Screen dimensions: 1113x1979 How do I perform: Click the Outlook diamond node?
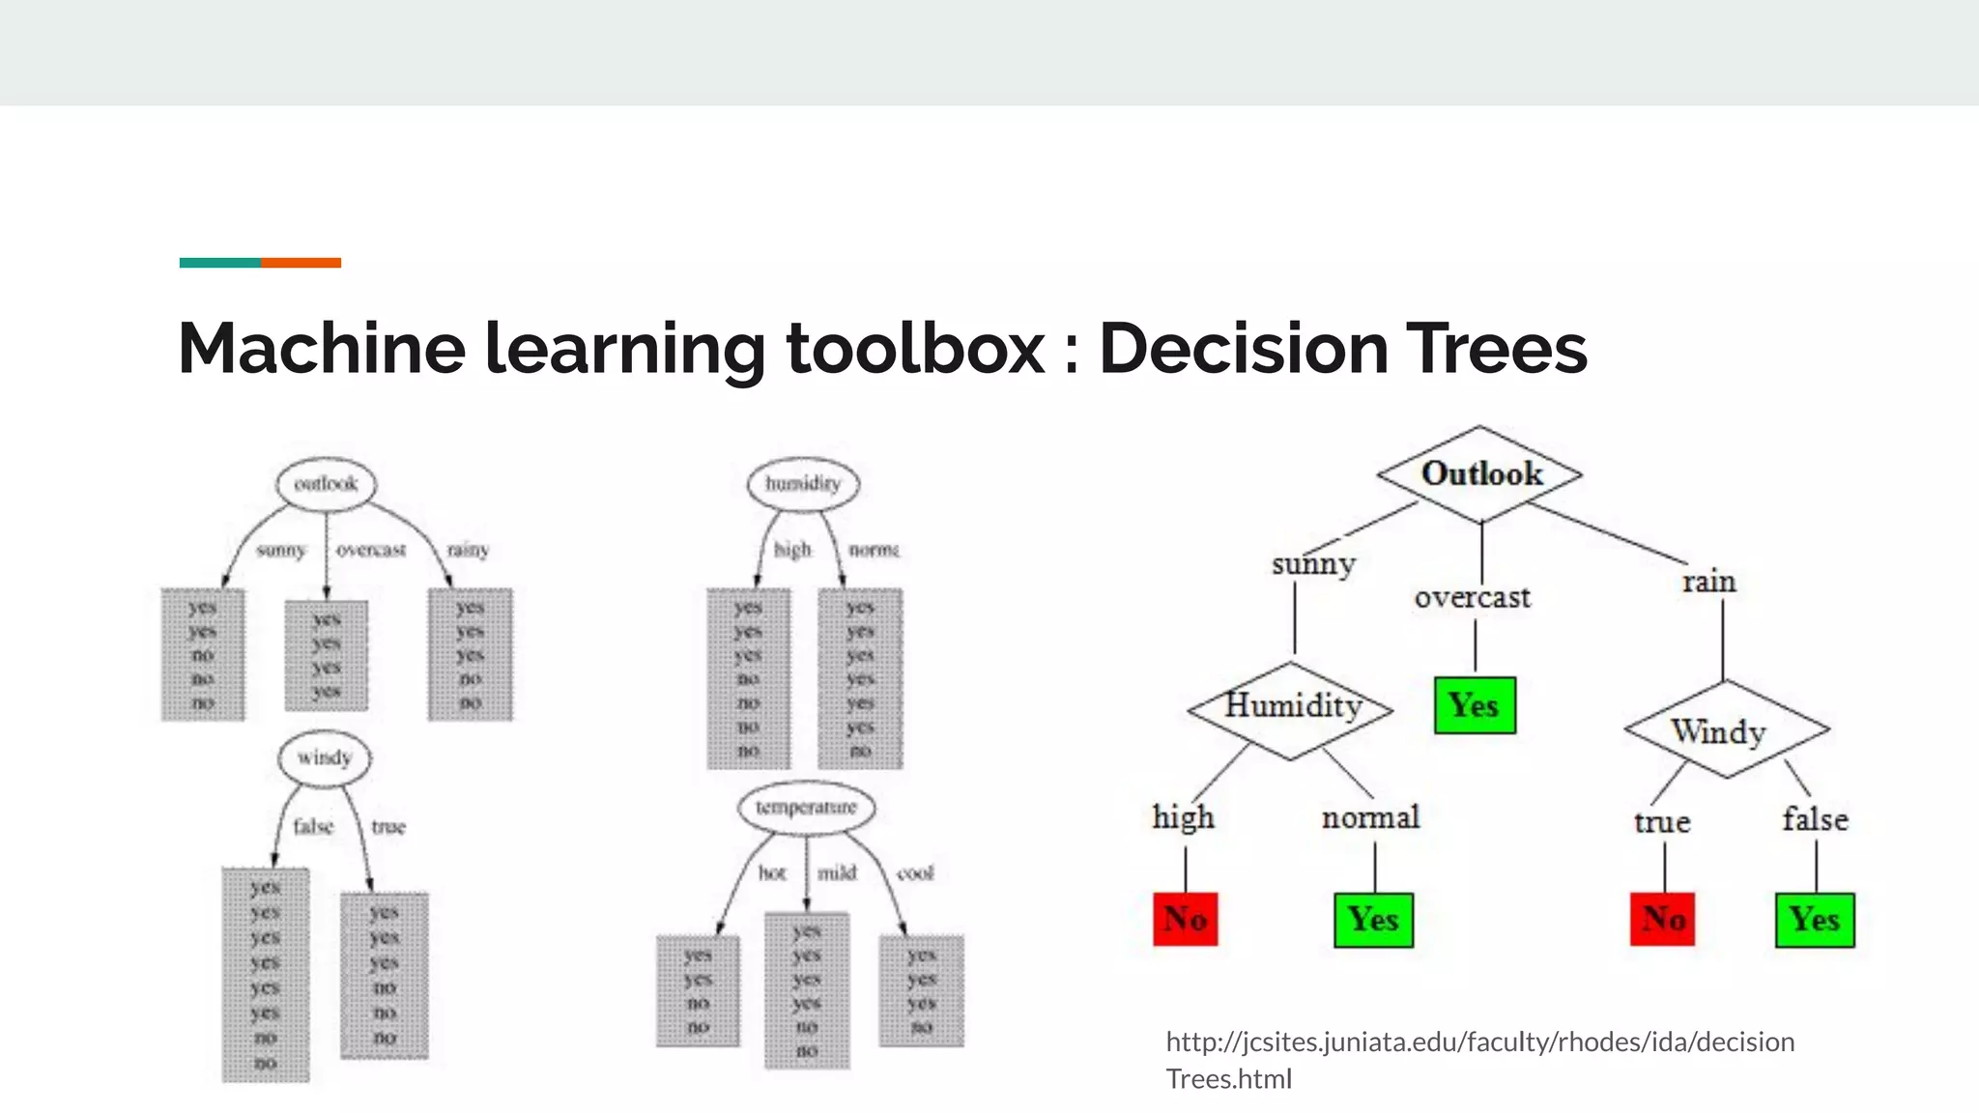pos(1480,474)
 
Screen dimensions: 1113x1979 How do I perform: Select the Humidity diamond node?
pos(1291,708)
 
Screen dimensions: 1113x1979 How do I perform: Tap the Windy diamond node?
pos(1725,730)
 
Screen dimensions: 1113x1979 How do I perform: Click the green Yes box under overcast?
pos(1475,705)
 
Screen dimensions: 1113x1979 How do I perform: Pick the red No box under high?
pos(1186,919)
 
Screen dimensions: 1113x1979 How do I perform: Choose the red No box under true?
pos(1663,919)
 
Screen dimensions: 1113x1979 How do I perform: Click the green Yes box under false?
pos(1815,919)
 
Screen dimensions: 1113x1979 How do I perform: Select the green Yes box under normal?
pos(1373,919)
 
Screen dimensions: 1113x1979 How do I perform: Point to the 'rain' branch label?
pos(1708,582)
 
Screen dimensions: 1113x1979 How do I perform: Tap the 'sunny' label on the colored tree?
pos(1313,563)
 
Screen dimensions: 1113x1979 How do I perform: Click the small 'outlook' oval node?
pos(326,484)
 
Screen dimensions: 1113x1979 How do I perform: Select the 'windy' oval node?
pos(325,757)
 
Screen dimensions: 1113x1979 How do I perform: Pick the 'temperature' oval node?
pos(806,808)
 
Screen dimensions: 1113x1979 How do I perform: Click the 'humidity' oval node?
pos(803,484)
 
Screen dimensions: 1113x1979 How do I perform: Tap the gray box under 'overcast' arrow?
pos(327,655)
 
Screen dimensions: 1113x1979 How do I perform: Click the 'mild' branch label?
pos(837,873)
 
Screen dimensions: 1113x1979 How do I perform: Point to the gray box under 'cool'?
pos(921,990)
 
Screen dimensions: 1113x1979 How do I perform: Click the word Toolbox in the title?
pos(914,348)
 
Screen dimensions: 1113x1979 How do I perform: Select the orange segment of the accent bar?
pos(301,263)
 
